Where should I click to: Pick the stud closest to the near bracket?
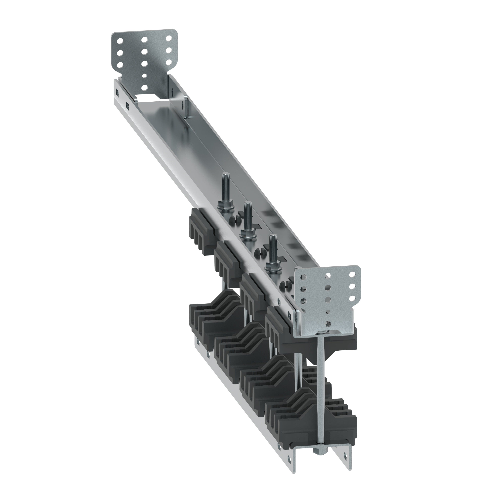pyautogui.click(x=272, y=248)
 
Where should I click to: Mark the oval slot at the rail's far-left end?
pyautogui.click(x=118, y=91)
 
